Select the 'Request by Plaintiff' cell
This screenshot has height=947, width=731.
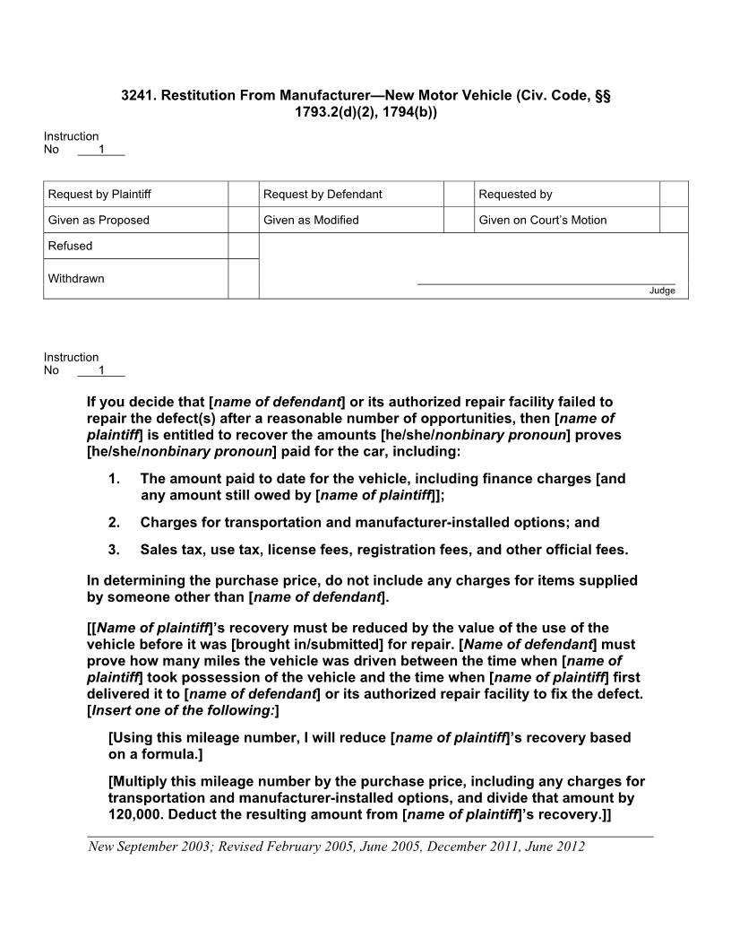tap(135, 194)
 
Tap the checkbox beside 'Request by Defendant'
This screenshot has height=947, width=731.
tap(458, 194)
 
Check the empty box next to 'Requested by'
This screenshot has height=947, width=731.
tap(674, 194)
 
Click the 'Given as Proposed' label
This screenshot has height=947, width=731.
tap(99, 220)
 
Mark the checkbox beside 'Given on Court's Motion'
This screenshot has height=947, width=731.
tap(674, 220)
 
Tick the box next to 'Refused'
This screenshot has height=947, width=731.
tap(243, 246)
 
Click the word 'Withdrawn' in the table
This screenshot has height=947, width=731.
tap(76, 279)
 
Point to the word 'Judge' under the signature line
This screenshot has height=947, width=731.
tap(662, 291)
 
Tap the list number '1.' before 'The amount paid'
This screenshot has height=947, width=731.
tap(114, 479)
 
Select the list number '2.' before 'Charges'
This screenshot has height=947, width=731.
tap(114, 523)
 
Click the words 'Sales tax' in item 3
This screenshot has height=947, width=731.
tap(170, 550)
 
